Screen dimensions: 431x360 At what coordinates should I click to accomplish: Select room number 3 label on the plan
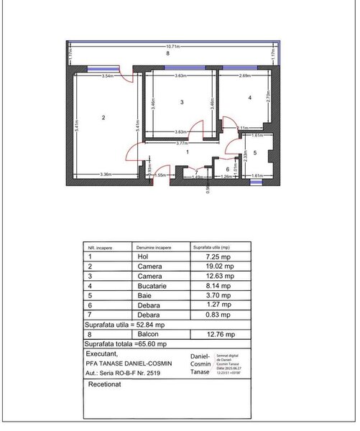click(182, 103)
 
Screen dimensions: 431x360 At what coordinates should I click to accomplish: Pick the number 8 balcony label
click(167, 53)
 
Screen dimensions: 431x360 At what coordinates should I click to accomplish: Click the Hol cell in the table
click(142, 256)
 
